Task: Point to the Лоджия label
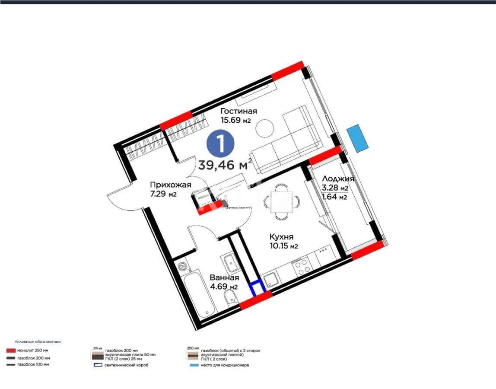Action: click(x=338, y=179)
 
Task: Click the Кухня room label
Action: click(x=281, y=237)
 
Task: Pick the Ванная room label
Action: click(x=224, y=277)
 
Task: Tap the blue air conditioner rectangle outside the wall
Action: click(x=358, y=138)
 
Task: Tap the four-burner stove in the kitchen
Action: click(x=301, y=265)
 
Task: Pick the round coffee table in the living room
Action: click(x=264, y=128)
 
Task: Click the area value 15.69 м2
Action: click(x=236, y=121)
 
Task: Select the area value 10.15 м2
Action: click(x=284, y=246)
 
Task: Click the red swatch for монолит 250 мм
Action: click(x=11, y=351)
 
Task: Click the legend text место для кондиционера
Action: click(x=224, y=365)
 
